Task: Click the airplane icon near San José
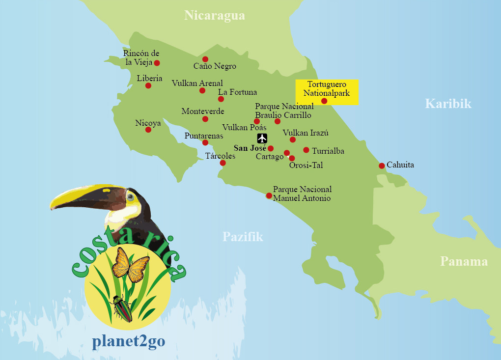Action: point(262,138)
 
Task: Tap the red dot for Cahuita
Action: point(382,166)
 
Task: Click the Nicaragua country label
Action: point(215,16)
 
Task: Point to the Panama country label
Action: point(464,261)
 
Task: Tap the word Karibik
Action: point(448,104)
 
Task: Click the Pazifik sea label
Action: point(243,237)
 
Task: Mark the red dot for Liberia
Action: point(148,85)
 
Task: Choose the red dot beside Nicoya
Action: point(148,130)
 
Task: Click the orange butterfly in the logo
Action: point(130,265)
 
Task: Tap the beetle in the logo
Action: point(122,308)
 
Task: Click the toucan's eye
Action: point(130,197)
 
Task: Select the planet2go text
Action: point(128,342)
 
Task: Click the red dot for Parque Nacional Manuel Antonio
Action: point(269,195)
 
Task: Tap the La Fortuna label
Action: point(237,92)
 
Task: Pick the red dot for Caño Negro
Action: point(205,59)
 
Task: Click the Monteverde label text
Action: point(202,111)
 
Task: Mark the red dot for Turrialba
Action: point(306,150)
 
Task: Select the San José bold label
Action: point(250,148)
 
